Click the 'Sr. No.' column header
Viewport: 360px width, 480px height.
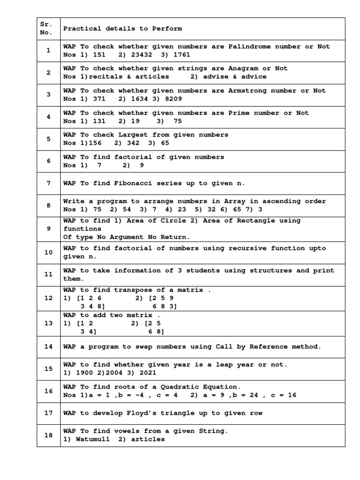48,29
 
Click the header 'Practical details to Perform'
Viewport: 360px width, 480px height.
122,29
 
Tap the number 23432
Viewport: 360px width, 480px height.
133,54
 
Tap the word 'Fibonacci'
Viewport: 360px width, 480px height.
141,183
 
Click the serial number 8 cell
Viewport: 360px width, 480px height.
48,205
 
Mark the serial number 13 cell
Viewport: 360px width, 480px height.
48,323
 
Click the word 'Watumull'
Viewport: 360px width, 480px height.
90,439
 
